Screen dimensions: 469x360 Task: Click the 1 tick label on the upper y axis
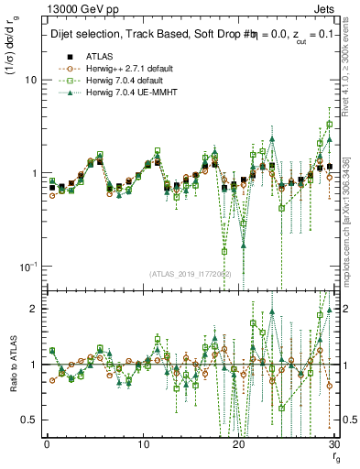tap(33, 173)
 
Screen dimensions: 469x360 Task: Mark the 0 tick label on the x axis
tap(46, 443)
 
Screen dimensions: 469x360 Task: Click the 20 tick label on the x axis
tap(238, 443)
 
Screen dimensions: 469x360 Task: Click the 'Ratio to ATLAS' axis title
tap(10, 367)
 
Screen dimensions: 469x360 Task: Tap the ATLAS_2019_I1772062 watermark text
tap(191, 274)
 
